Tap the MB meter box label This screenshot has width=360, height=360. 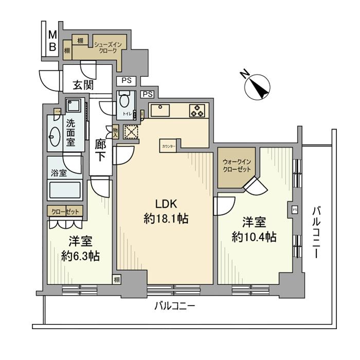click(52, 41)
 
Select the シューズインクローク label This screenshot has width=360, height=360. click(107, 48)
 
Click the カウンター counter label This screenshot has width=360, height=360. click(169, 146)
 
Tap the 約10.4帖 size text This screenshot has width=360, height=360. click(254, 237)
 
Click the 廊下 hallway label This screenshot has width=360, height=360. click(101, 149)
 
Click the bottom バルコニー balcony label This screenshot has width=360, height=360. click(174, 307)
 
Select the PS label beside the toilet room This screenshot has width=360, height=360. click(148, 94)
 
